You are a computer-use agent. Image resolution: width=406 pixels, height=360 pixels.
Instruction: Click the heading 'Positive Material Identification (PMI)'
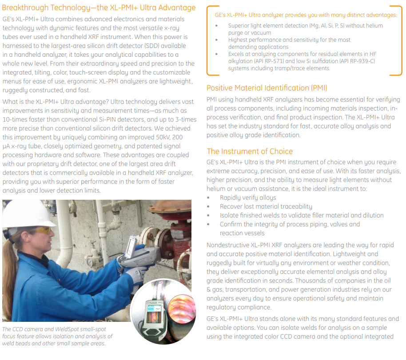pyautogui.click(x=267, y=87)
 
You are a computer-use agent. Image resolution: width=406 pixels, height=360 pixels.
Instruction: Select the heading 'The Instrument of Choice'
pyautogui.click(x=250, y=151)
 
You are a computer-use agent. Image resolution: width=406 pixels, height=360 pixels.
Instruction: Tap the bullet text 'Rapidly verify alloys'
pyautogui.click(x=248, y=198)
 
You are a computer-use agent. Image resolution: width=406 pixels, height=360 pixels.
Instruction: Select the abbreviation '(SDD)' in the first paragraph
pyautogui.click(x=161, y=46)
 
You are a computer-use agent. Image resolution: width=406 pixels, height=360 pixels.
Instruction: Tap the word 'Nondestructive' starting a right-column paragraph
pyautogui.click(x=228, y=245)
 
